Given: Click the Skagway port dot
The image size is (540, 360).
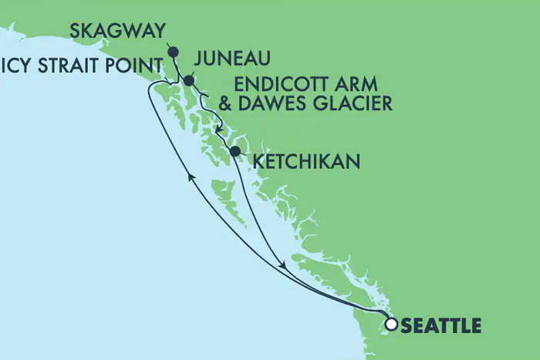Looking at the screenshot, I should pyautogui.click(x=173, y=52).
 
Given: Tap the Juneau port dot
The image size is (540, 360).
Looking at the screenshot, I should pyautogui.click(x=188, y=79).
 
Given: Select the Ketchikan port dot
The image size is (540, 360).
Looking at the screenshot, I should pyautogui.click(x=235, y=151).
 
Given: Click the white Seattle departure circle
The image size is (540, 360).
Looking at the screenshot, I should pyautogui.click(x=391, y=325).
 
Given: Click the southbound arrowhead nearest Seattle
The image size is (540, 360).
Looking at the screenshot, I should pyautogui.click(x=285, y=265).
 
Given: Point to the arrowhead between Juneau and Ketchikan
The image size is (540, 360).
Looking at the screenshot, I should pyautogui.click(x=220, y=126).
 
